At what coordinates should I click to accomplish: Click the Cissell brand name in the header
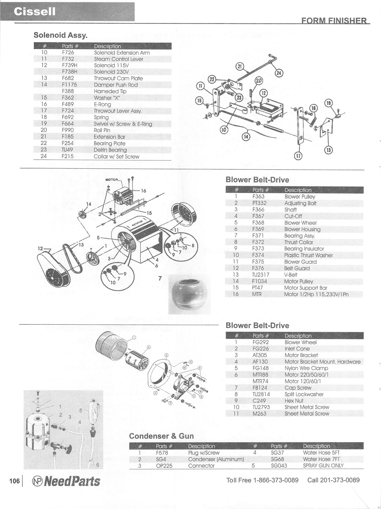pos(34,12)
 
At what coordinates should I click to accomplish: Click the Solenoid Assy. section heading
pos(61,35)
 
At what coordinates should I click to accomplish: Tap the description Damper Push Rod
pos(116,85)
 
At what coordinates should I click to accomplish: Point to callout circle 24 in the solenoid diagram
pos(279,73)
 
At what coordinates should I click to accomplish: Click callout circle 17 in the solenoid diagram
pos(298,156)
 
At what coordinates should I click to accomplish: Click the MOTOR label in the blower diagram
pos(111,180)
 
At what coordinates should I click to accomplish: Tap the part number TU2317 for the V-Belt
pos(261,275)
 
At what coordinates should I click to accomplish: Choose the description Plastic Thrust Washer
pos(308,255)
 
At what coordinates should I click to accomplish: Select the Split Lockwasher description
pos(304,394)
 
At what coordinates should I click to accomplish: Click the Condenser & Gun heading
pos(161,436)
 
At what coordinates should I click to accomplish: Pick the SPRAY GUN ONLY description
pos(323,465)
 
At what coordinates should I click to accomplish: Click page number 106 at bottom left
pos(14,481)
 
